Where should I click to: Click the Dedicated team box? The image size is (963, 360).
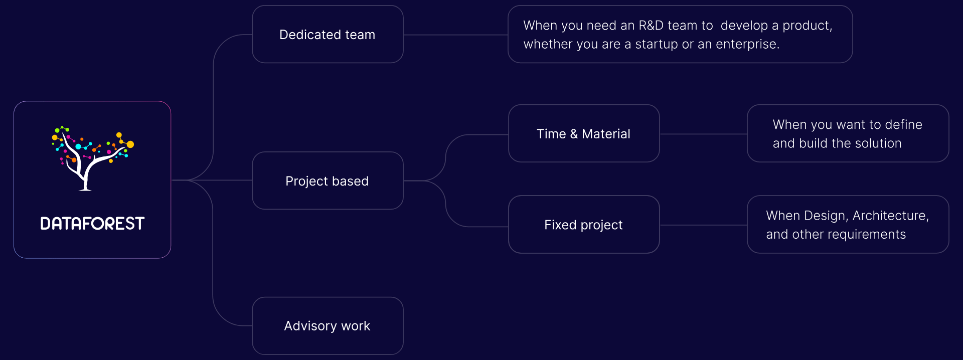click(x=328, y=35)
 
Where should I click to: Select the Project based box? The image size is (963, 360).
click(x=328, y=181)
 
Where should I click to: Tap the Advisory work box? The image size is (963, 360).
click(x=328, y=326)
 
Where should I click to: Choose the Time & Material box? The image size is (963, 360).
click(x=583, y=134)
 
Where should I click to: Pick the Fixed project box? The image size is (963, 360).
click(x=583, y=225)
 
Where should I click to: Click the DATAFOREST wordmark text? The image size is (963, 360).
click(x=92, y=224)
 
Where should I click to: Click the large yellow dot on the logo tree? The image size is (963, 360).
click(x=130, y=144)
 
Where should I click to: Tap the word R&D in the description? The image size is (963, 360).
click(x=651, y=26)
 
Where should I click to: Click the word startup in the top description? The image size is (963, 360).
click(x=657, y=44)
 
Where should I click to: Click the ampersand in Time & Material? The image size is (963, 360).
click(x=574, y=134)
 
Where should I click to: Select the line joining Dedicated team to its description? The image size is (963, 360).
click(x=455, y=35)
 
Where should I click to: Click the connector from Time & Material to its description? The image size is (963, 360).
click(x=703, y=134)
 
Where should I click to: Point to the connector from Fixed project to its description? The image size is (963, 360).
click(x=703, y=225)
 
